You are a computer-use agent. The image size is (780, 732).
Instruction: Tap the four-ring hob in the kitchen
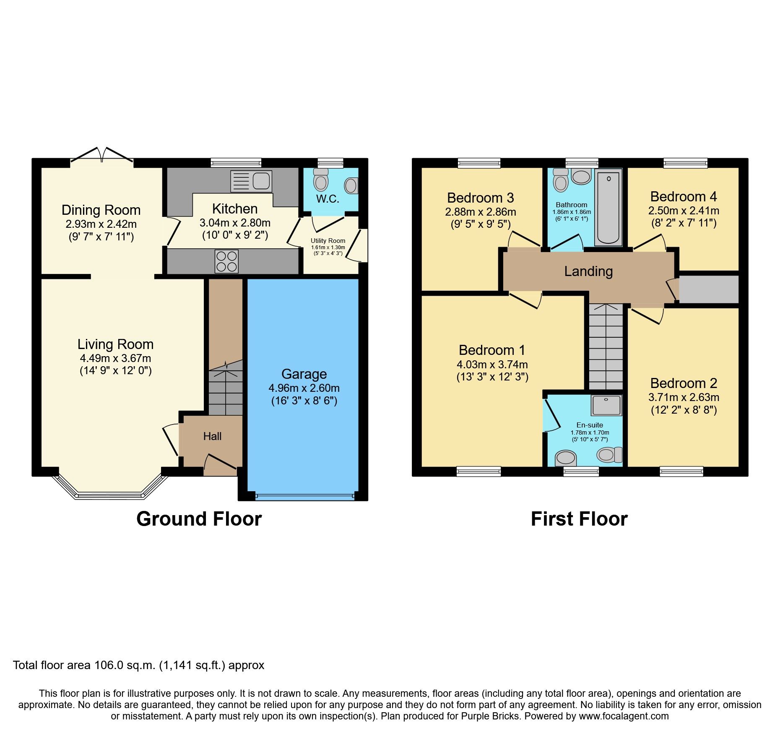click(x=226, y=261)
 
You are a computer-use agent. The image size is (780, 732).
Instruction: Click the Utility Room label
click(x=328, y=241)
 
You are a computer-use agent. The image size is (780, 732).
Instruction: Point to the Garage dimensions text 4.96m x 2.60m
click(x=304, y=388)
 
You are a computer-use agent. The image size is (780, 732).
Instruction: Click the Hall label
click(x=212, y=436)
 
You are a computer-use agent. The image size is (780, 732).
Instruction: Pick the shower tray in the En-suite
click(x=606, y=405)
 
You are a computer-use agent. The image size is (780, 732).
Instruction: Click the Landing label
click(x=588, y=271)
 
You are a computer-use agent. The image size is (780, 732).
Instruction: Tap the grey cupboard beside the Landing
click(x=708, y=289)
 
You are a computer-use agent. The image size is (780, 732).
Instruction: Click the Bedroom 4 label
click(x=684, y=196)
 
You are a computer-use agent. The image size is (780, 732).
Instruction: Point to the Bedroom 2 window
click(x=681, y=472)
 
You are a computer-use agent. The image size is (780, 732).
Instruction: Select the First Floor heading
click(x=579, y=519)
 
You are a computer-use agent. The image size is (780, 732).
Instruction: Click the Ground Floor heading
click(x=199, y=519)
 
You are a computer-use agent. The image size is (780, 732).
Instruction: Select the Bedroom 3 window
click(x=479, y=163)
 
